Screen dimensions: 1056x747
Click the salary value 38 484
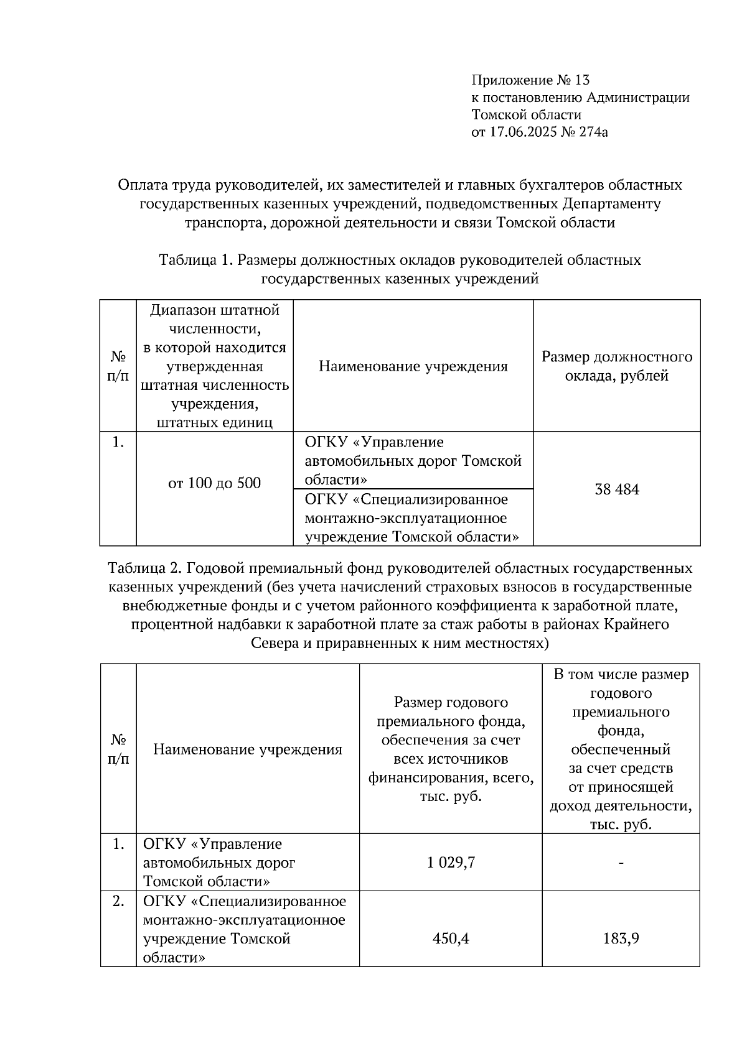(x=616, y=489)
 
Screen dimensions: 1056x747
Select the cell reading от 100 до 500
(x=214, y=483)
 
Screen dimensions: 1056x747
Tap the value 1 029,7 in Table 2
(x=451, y=863)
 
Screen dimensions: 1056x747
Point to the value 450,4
(x=451, y=938)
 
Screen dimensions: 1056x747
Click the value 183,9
(x=621, y=938)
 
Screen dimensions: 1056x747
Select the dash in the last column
(x=621, y=863)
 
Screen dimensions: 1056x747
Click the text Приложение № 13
(x=530, y=80)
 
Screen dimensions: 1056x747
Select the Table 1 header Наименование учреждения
(x=413, y=366)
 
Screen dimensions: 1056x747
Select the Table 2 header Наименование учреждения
(x=248, y=749)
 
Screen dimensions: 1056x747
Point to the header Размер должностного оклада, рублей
(x=616, y=366)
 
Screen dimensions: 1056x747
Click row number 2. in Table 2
(x=118, y=901)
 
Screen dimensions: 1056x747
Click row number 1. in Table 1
(x=118, y=442)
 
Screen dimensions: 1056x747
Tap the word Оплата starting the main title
(x=141, y=185)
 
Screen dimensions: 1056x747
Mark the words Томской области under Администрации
(x=526, y=114)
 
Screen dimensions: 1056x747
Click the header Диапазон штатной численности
(x=214, y=319)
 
